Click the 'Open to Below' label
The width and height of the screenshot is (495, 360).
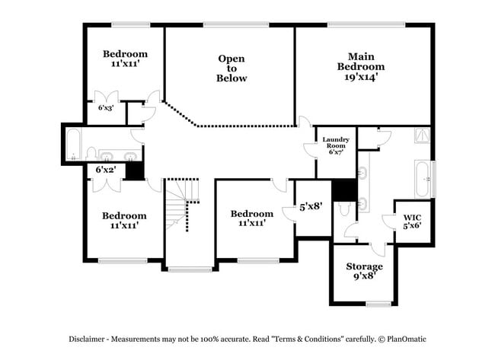click(232, 68)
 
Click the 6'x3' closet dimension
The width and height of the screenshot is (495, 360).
click(107, 108)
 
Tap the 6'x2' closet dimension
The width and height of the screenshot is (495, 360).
click(106, 169)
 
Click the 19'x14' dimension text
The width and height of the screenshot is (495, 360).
click(361, 77)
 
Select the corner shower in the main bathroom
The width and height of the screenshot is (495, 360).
click(421, 135)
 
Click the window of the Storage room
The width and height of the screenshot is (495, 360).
click(378, 304)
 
